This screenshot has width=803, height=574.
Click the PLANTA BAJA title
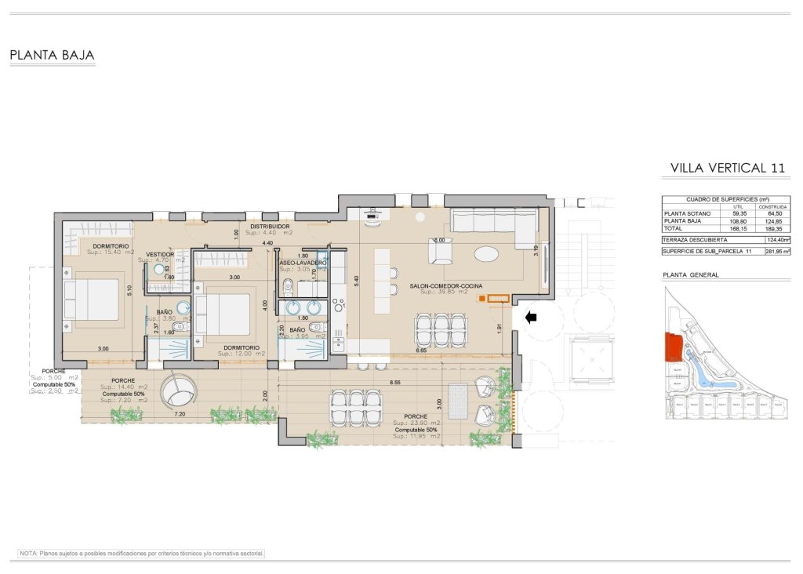pos(52,56)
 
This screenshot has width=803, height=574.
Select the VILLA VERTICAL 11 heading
pos(728,168)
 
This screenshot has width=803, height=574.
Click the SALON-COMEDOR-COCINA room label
pos(445,286)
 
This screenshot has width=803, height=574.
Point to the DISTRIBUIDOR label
pos(270,226)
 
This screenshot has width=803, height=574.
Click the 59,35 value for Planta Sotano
pos(739,213)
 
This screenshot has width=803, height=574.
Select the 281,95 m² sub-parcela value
pos(776,251)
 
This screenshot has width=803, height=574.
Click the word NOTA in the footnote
pos(28,553)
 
